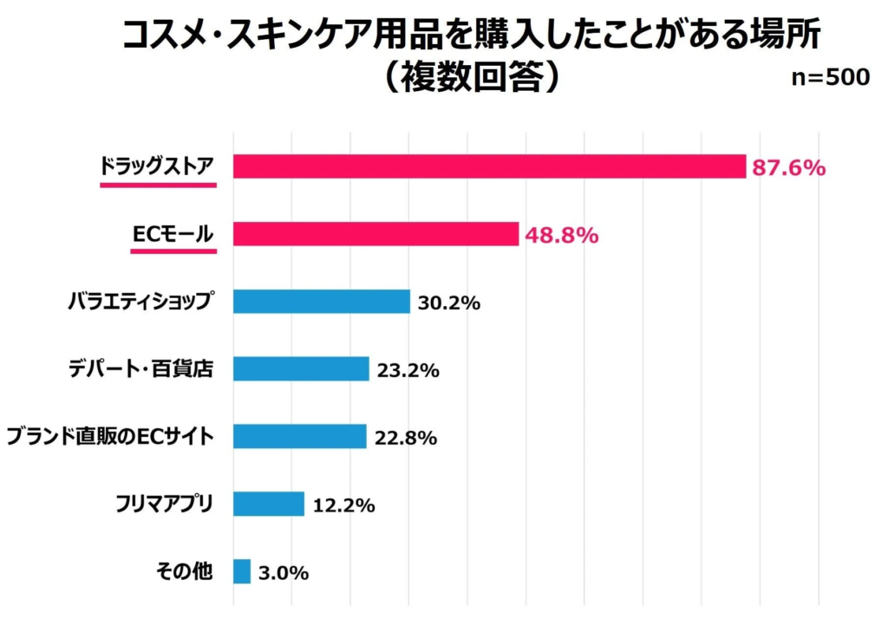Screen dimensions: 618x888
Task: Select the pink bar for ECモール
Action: tap(375, 234)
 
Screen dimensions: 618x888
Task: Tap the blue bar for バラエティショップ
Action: tap(321, 302)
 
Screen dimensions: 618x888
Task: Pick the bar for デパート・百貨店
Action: tap(301, 369)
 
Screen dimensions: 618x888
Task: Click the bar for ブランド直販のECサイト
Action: tap(300, 437)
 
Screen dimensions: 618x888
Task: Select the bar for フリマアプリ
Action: tap(269, 504)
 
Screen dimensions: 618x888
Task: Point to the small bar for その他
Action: tap(242, 572)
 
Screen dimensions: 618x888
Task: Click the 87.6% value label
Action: tap(788, 167)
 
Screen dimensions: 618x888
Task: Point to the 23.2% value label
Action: tap(408, 371)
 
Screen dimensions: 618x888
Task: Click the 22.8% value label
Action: tap(405, 439)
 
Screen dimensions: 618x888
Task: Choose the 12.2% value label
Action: tap(343, 506)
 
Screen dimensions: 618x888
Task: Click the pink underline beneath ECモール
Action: tap(173, 251)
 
